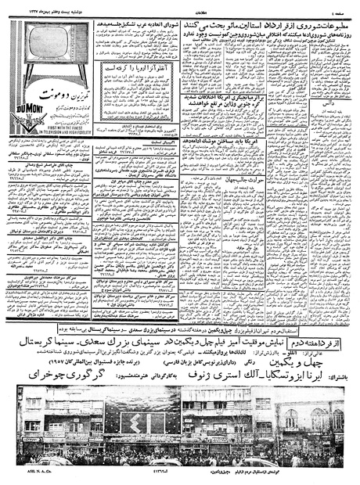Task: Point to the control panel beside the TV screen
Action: tap(81, 52)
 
